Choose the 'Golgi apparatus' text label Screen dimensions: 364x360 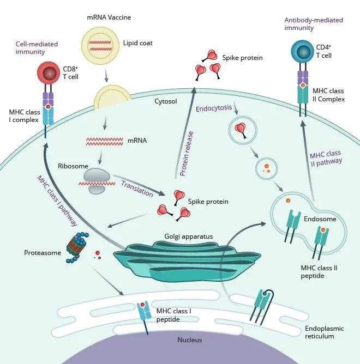coord(188,236)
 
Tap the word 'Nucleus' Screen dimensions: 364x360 coord(190,340)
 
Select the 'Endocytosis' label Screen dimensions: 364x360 coord(214,108)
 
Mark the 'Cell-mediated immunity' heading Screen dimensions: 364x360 coord(37,48)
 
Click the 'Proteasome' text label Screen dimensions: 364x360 coord(42,253)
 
